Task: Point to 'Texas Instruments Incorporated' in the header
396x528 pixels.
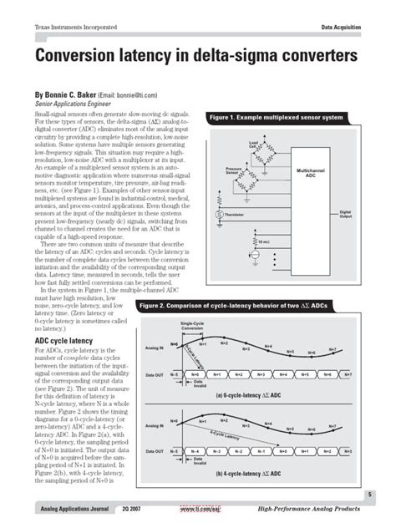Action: (x=75, y=28)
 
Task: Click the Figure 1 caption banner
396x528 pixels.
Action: (x=277, y=117)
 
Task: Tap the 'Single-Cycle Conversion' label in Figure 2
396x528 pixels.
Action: (x=193, y=326)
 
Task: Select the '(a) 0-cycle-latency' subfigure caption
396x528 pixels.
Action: (x=250, y=394)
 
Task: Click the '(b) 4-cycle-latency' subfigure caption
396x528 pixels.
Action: (x=250, y=474)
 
